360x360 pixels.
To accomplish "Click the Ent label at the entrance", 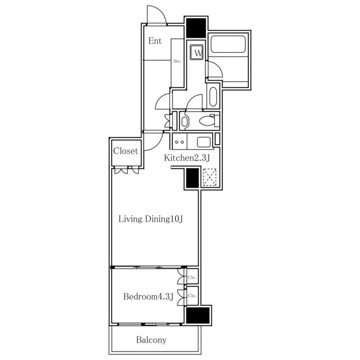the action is pos(155,41).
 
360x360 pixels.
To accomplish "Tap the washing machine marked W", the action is pos(197,52).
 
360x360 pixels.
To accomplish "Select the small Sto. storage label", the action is pos(177,61).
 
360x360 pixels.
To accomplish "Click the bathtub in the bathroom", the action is pos(228,44).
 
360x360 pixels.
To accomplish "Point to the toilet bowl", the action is pos(207,120).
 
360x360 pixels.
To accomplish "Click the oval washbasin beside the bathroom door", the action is pos(213,97).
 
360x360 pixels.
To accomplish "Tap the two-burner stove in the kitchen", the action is pos(179,142).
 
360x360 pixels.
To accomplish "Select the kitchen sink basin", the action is pos(204,142).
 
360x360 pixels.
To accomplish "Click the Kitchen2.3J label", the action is pos(187,158).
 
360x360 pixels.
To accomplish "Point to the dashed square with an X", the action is pos(210,177).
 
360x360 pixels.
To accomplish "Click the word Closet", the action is pos(125,151).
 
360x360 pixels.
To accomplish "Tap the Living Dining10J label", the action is pos(150,219).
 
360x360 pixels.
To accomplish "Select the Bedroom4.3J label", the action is pos(148,296).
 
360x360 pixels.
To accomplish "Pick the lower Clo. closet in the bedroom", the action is pos(192,296).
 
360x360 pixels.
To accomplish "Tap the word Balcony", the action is pos(151,340).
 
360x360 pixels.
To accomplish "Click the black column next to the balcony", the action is pos(197,315).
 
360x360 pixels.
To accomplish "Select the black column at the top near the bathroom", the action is pos(196,28).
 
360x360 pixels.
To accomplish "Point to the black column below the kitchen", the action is pos(192,178).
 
